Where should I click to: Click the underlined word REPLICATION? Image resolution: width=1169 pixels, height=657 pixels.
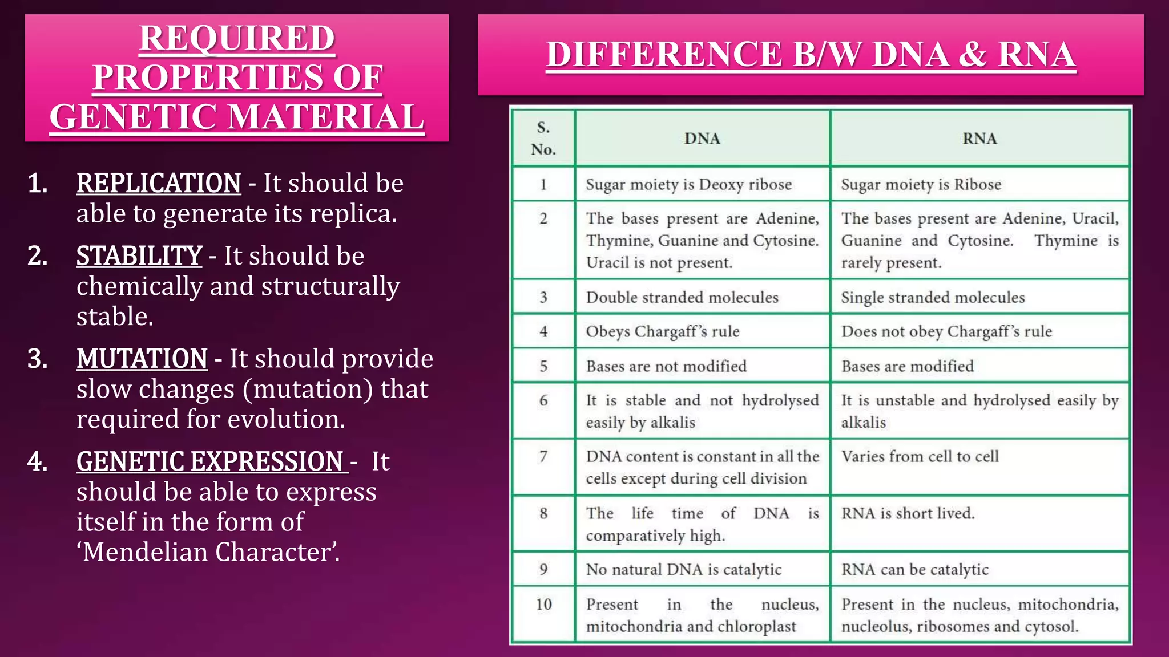coord(159,183)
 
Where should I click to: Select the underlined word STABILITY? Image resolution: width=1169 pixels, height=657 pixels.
coord(139,255)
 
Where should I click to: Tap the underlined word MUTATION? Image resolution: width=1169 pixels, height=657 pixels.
coord(142,359)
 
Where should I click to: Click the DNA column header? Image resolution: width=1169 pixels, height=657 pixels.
coord(702,139)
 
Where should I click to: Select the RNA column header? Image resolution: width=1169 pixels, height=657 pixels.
coord(979,139)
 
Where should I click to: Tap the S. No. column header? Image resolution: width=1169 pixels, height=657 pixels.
coord(543,139)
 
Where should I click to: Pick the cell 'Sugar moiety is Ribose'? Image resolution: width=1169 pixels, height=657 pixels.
coord(921,184)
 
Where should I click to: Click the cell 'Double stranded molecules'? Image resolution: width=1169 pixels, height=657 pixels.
coord(682,297)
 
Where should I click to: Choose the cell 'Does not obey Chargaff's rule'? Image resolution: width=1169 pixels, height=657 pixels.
coord(946,331)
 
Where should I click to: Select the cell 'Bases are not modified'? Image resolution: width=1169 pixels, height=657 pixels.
coord(666,366)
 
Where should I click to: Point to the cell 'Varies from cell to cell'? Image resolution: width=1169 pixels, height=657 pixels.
coord(920,456)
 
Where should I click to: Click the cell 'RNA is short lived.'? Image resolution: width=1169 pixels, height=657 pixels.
coord(908,513)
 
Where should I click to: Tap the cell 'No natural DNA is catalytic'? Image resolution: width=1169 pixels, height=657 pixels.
coord(684,569)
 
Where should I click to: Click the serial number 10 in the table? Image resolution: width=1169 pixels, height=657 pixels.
coord(543,604)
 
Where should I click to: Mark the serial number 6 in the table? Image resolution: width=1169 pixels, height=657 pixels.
coord(543,400)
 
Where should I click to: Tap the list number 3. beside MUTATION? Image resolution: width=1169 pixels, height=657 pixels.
coord(38,359)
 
